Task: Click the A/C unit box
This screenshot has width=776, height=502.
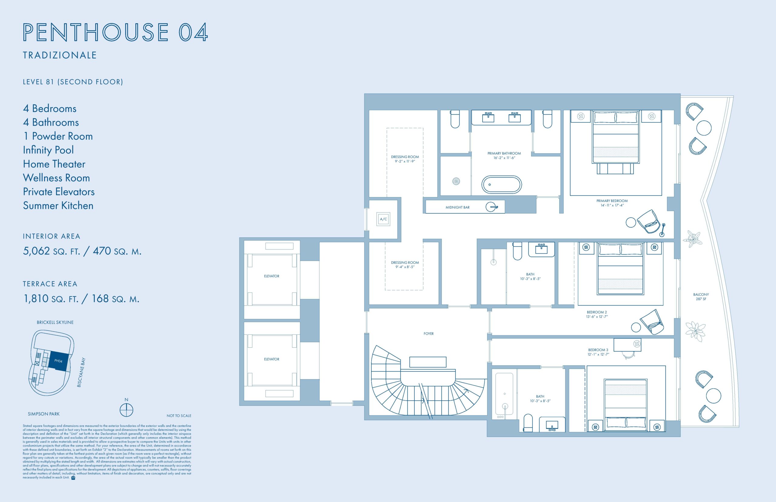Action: click(x=383, y=219)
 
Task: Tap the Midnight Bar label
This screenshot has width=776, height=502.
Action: click(x=458, y=207)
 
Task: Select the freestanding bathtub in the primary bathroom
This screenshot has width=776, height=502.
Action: click(x=502, y=185)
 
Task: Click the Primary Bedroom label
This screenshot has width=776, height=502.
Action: click(x=612, y=203)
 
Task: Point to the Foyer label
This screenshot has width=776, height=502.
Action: click(x=429, y=333)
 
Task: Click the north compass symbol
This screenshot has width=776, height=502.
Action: click(x=126, y=410)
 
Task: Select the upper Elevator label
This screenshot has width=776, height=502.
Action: click(x=272, y=276)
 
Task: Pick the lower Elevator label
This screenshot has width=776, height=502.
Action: click(x=272, y=359)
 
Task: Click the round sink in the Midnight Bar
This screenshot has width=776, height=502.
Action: click(x=491, y=207)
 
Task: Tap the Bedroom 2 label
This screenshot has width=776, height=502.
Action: click(x=597, y=314)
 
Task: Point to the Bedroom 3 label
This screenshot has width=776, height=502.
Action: click(x=598, y=352)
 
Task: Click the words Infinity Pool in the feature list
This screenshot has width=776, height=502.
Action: click(x=48, y=150)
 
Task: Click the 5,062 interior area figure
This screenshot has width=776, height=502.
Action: click(x=36, y=251)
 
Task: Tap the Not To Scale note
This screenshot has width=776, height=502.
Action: click(x=179, y=416)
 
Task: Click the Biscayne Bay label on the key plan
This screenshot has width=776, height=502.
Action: click(x=81, y=372)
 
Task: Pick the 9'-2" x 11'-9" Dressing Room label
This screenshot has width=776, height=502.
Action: click(x=405, y=159)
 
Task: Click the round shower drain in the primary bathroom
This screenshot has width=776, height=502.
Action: click(x=456, y=181)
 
